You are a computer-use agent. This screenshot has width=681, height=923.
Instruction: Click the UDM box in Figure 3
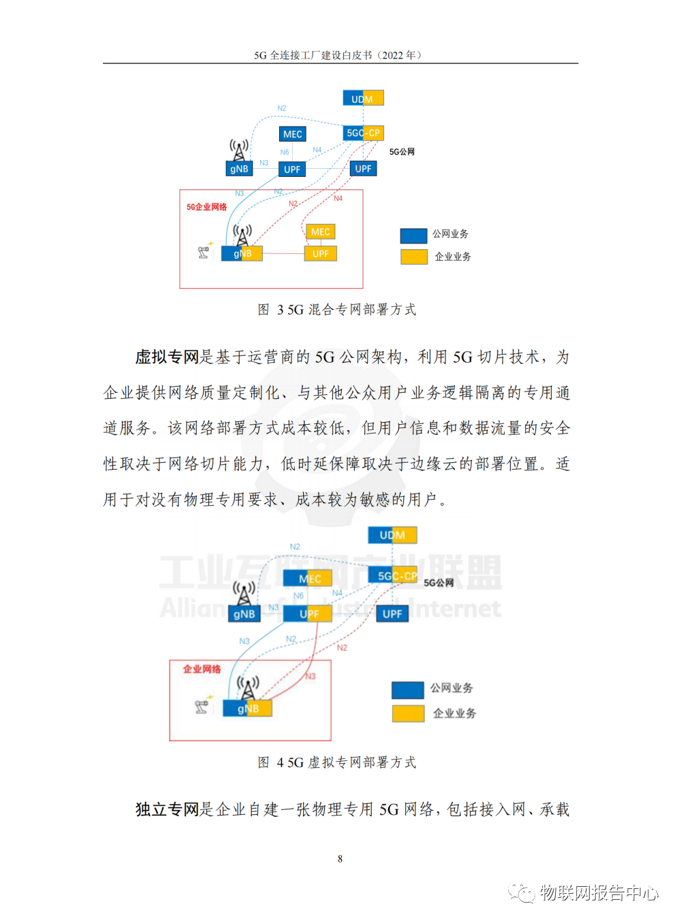point(363,98)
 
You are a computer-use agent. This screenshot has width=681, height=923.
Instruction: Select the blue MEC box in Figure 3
point(292,134)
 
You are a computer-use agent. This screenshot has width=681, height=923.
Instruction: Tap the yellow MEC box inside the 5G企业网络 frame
point(320,232)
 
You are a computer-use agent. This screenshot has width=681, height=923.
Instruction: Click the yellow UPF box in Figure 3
point(320,253)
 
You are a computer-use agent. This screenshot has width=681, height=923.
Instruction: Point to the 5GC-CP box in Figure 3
point(363,133)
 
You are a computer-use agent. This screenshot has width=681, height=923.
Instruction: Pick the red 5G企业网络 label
point(206,207)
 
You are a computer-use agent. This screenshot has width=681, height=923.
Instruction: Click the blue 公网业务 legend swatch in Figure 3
point(413,236)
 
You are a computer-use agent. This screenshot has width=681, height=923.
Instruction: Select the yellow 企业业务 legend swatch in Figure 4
point(408,713)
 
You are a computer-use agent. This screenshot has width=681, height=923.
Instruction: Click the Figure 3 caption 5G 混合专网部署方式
point(337,310)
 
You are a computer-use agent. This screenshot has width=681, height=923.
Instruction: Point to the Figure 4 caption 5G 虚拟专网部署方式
point(337,762)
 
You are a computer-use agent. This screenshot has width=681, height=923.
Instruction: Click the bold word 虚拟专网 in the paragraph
point(167,357)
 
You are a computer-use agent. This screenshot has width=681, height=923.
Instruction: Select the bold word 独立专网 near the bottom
point(167,809)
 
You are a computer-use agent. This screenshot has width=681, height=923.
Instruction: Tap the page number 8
point(340,859)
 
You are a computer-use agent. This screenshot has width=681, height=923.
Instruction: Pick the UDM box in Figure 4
point(392,535)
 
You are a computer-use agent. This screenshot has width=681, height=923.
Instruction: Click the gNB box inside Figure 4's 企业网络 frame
point(247,709)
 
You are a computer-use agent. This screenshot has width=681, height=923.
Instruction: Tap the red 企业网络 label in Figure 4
point(202,669)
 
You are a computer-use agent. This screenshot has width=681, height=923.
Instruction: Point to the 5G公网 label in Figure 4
point(439,583)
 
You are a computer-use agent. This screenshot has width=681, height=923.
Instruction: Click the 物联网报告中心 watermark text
point(599,892)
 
